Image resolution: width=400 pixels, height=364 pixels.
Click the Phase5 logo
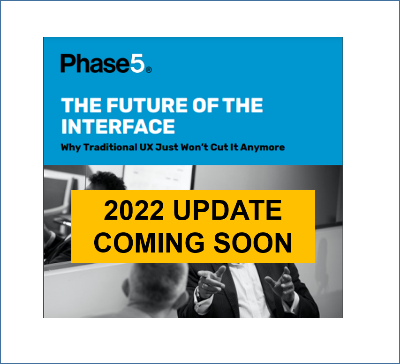pyautogui.click(x=106, y=63)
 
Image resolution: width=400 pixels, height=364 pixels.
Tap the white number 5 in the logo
pyautogui.click(x=138, y=63)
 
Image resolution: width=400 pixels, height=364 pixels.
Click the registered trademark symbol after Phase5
pyautogui.click(x=149, y=70)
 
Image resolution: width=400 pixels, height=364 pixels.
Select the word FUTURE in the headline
pyautogui.click(x=147, y=105)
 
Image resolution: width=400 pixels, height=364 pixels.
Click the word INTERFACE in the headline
pyautogui.click(x=118, y=126)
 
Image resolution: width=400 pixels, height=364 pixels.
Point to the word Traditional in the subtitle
pyautogui.click(x=110, y=147)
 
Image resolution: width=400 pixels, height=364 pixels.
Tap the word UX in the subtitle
pyautogui.click(x=146, y=147)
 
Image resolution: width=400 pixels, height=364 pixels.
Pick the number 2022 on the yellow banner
pyautogui.click(x=134, y=210)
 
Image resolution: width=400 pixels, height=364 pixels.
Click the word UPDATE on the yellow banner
pyautogui.click(x=227, y=210)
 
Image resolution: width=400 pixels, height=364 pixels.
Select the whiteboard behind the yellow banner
pyautogui.click(x=158, y=177)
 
